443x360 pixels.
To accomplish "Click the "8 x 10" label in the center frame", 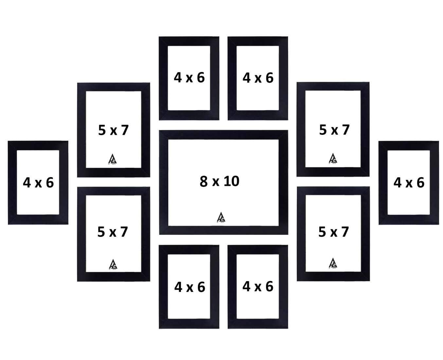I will point(220,181).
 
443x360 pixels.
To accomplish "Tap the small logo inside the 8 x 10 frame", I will point(221,217).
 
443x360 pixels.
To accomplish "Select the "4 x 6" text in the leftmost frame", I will point(38,183).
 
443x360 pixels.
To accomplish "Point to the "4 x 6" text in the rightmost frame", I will point(409,183).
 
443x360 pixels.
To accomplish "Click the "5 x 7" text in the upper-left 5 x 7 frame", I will point(114,130).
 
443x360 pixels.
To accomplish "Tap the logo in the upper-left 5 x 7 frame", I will point(113,159).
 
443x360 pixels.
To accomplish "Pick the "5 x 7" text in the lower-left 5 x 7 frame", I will point(113,232).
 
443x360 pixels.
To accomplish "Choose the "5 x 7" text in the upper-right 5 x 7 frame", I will point(334,130).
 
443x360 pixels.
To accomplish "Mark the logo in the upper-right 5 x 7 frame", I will point(333,158).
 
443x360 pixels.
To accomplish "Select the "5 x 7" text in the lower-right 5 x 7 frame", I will point(334,232).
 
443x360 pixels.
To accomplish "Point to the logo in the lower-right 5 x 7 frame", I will point(333,263).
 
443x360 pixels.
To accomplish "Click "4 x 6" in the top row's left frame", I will point(189,78).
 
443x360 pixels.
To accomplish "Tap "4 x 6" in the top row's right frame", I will point(258,78).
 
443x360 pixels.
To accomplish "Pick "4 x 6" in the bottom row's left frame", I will point(189,287).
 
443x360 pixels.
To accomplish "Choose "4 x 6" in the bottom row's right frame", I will point(258,286).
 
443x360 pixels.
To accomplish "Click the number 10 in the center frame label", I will point(231,181).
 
